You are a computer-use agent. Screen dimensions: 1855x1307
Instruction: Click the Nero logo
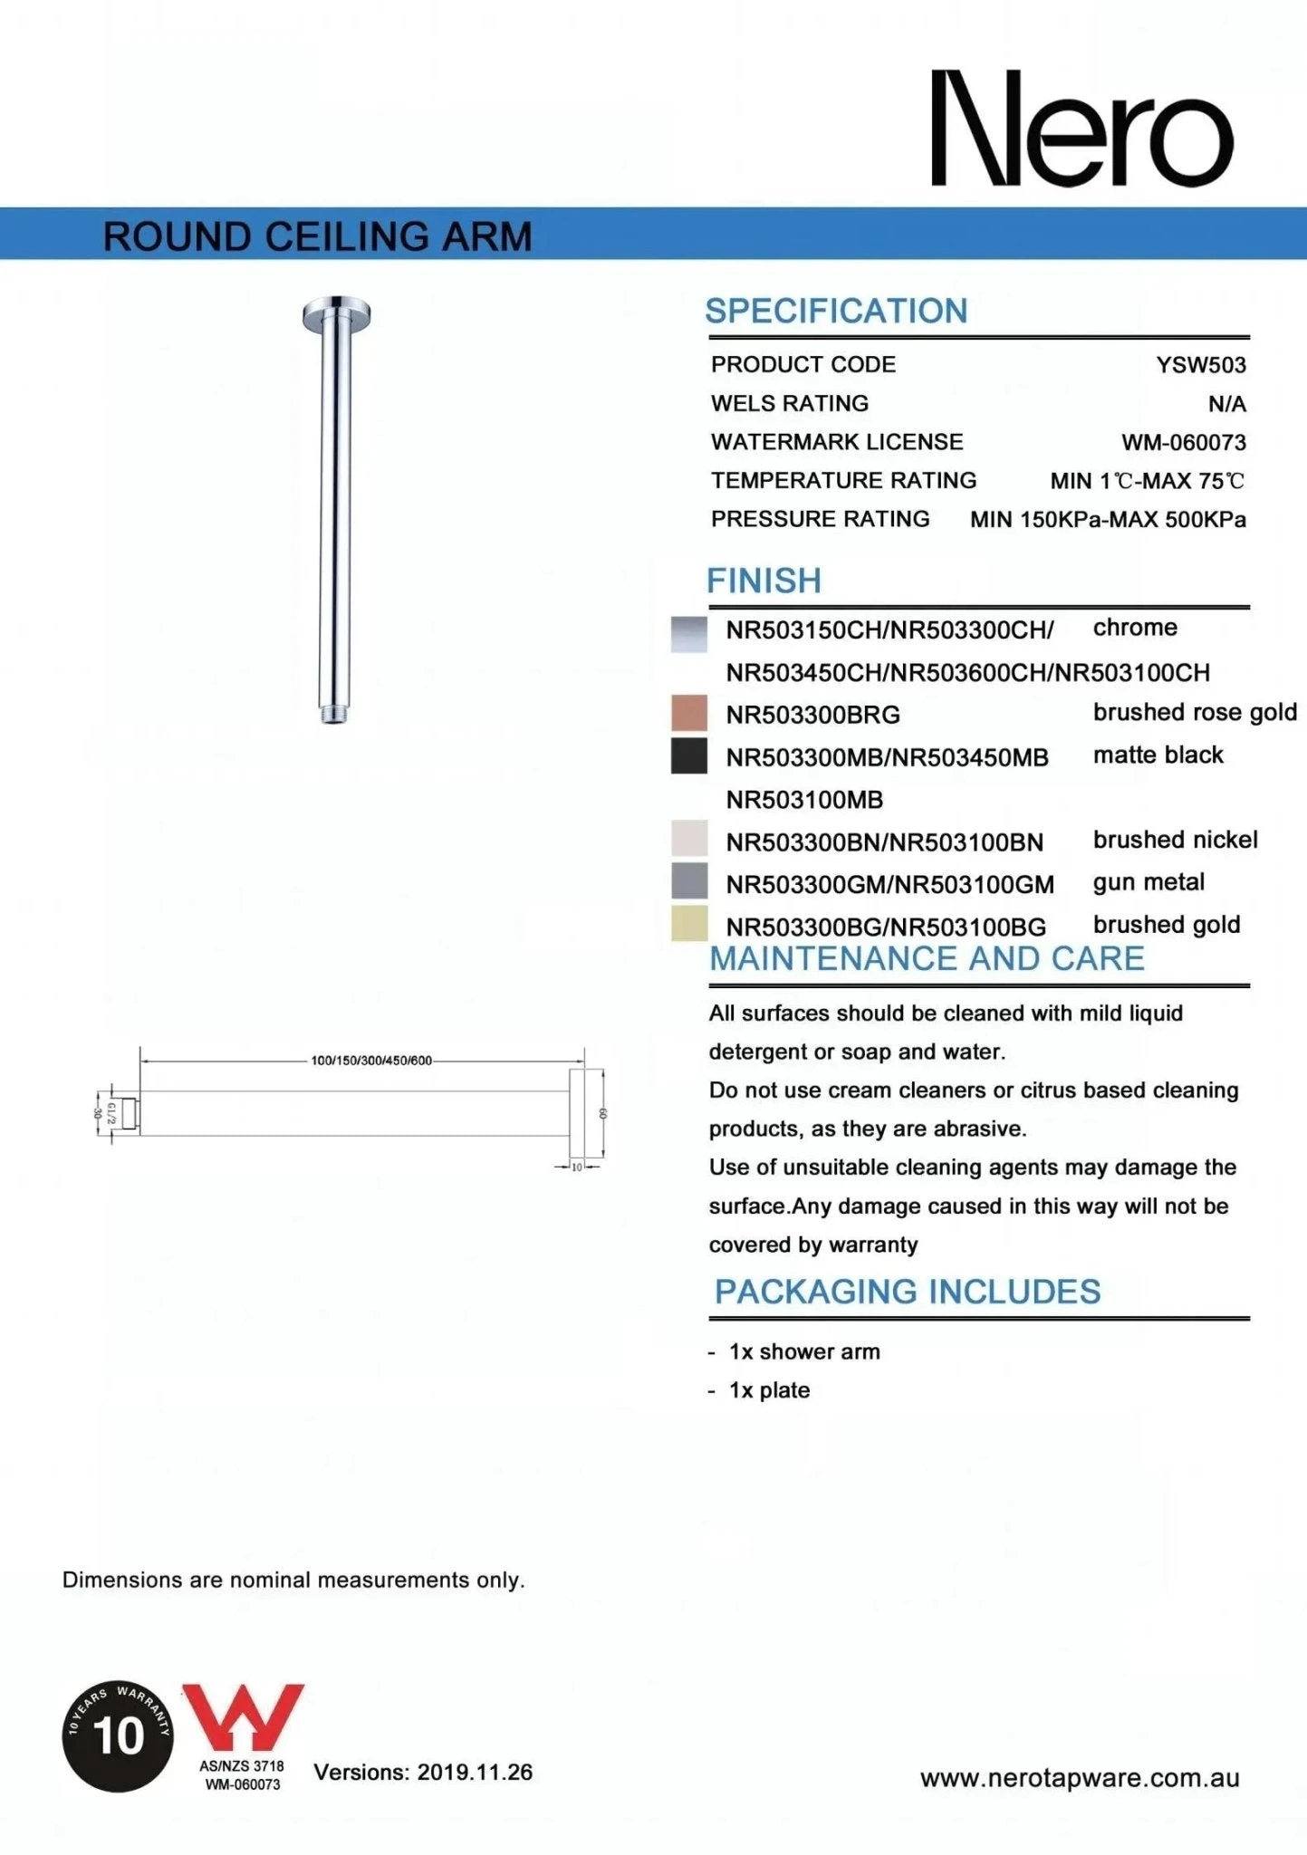tap(1081, 129)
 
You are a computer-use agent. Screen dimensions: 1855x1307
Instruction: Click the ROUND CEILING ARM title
tap(317, 236)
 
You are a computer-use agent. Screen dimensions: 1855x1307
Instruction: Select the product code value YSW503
tap(1200, 365)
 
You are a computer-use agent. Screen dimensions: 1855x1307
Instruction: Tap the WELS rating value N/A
tap(1226, 404)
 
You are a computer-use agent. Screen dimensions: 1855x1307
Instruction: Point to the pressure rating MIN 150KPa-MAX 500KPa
tap(1107, 520)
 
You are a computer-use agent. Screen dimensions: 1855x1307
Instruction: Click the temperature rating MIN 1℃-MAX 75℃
tap(1147, 481)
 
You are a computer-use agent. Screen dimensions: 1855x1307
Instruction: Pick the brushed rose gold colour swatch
tap(688, 713)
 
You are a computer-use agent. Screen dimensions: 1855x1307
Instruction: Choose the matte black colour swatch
tap(688, 755)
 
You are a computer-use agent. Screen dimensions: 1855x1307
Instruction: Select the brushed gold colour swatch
tap(688, 924)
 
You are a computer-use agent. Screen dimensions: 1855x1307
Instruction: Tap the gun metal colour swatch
tap(688, 881)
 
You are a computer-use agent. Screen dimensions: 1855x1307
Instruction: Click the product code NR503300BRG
tap(812, 715)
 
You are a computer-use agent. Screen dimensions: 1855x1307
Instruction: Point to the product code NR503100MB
tap(804, 800)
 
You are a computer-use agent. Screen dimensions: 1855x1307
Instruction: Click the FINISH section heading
tap(764, 581)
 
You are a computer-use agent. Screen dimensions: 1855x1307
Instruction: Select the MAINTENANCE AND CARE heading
tap(927, 958)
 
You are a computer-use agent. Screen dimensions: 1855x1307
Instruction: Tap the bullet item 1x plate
tap(769, 1390)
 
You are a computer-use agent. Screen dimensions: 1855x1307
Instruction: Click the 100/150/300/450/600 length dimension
tap(371, 1060)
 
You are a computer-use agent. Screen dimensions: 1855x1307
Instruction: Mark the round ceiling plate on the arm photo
tap(336, 313)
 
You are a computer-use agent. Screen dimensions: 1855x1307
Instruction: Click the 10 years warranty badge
tap(118, 1735)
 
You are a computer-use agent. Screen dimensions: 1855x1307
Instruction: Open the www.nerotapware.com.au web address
tap(1079, 1778)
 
